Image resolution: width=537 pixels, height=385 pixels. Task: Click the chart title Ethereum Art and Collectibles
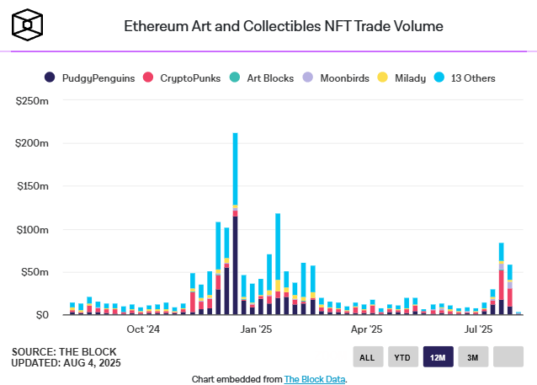click(283, 25)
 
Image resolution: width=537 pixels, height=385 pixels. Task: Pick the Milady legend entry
click(403, 78)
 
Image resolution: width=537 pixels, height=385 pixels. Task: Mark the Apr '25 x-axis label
click(366, 329)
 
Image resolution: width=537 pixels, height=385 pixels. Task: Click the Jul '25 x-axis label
click(477, 329)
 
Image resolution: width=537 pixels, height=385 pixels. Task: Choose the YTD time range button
click(402, 357)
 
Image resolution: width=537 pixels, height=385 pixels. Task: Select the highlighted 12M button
click(438, 357)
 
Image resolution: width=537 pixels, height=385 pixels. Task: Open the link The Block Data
click(314, 379)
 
